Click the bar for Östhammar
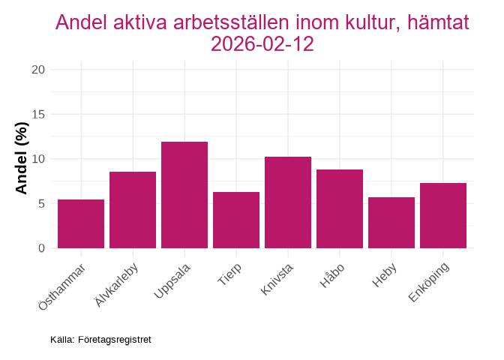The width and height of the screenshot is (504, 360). (x=81, y=223)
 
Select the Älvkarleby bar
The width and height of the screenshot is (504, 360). (x=133, y=210)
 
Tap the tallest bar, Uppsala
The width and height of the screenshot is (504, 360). (x=184, y=195)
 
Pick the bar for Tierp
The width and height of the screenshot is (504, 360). (x=236, y=220)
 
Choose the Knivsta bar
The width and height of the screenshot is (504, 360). (x=288, y=202)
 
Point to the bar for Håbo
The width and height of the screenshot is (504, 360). (x=340, y=208)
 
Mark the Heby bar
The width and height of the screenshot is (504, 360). (x=391, y=223)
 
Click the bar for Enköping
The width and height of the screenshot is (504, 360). (x=443, y=215)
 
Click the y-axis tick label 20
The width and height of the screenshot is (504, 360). (x=38, y=70)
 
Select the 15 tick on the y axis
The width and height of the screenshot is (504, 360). (x=38, y=114)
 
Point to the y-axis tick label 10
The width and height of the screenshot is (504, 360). (x=38, y=159)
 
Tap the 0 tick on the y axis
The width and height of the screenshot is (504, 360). (x=41, y=248)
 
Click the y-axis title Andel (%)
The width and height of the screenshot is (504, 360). (x=22, y=159)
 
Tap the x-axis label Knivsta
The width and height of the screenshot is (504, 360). (x=277, y=280)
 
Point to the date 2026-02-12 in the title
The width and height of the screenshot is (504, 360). (x=262, y=44)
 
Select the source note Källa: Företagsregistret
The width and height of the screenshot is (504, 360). (x=100, y=340)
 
